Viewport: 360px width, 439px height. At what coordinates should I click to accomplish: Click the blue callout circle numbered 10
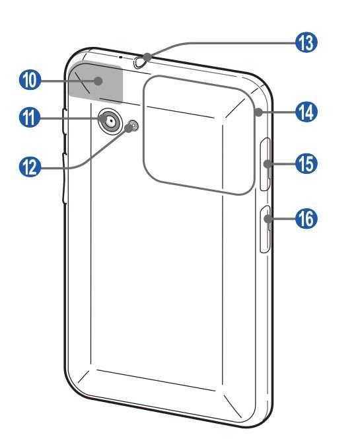(30, 81)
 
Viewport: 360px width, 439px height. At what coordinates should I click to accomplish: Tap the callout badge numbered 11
(30, 118)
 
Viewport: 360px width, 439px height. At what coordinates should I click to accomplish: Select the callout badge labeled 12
(30, 168)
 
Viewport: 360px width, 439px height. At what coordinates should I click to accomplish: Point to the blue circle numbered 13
(306, 42)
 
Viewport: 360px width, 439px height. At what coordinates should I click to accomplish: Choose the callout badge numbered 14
(306, 112)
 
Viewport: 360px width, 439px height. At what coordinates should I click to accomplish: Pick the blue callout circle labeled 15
(306, 163)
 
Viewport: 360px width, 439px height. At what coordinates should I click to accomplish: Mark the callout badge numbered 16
(306, 218)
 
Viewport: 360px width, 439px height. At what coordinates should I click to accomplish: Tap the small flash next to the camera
(133, 126)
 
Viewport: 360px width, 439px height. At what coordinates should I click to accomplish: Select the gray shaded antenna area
(96, 82)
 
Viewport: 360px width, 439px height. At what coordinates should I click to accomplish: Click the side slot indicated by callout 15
(266, 164)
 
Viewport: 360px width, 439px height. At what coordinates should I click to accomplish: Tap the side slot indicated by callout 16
(266, 229)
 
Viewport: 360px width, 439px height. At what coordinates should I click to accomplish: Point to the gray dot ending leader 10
(98, 81)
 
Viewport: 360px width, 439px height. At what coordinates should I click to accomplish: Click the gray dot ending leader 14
(259, 112)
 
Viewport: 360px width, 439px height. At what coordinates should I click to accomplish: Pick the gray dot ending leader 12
(129, 128)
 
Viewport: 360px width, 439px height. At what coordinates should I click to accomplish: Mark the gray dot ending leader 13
(148, 58)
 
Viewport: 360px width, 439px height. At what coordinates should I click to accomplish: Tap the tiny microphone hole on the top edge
(121, 57)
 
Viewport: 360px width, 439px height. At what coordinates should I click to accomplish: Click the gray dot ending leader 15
(268, 164)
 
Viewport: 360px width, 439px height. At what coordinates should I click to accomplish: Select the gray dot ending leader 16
(268, 218)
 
